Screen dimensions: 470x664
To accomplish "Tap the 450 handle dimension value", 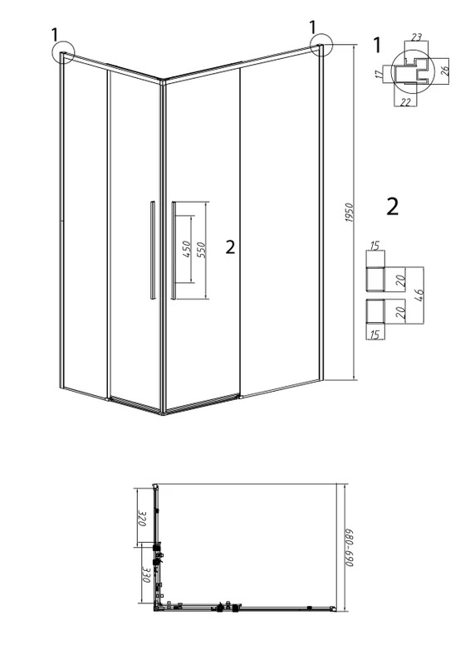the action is coord(188,250).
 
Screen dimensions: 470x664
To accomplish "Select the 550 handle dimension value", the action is coord(201,251).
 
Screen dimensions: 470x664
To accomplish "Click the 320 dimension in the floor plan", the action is coord(142,519).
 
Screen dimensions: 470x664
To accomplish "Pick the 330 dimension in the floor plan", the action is coord(146,574).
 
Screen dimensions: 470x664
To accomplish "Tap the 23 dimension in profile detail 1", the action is coord(416,37).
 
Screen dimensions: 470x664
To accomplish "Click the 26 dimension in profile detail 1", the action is coord(444,71).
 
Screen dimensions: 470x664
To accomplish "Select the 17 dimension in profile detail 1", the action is coord(379,74).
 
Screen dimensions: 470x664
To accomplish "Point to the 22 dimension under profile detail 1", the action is coord(405,102).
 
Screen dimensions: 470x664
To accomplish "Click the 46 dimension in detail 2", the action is coord(419,295).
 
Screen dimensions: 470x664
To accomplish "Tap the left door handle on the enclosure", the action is coord(152,251).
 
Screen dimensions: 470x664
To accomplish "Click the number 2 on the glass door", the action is coord(230,247).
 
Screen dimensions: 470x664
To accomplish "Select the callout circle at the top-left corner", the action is coord(63,52).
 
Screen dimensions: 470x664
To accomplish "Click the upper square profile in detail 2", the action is coord(375,280).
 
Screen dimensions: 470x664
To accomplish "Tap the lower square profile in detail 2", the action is coord(375,312).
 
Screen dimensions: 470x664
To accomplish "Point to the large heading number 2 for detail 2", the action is coord(393,207).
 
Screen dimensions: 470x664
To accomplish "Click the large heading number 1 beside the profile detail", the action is coord(377,45).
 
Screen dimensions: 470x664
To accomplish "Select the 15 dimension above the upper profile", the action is coord(375,246).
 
